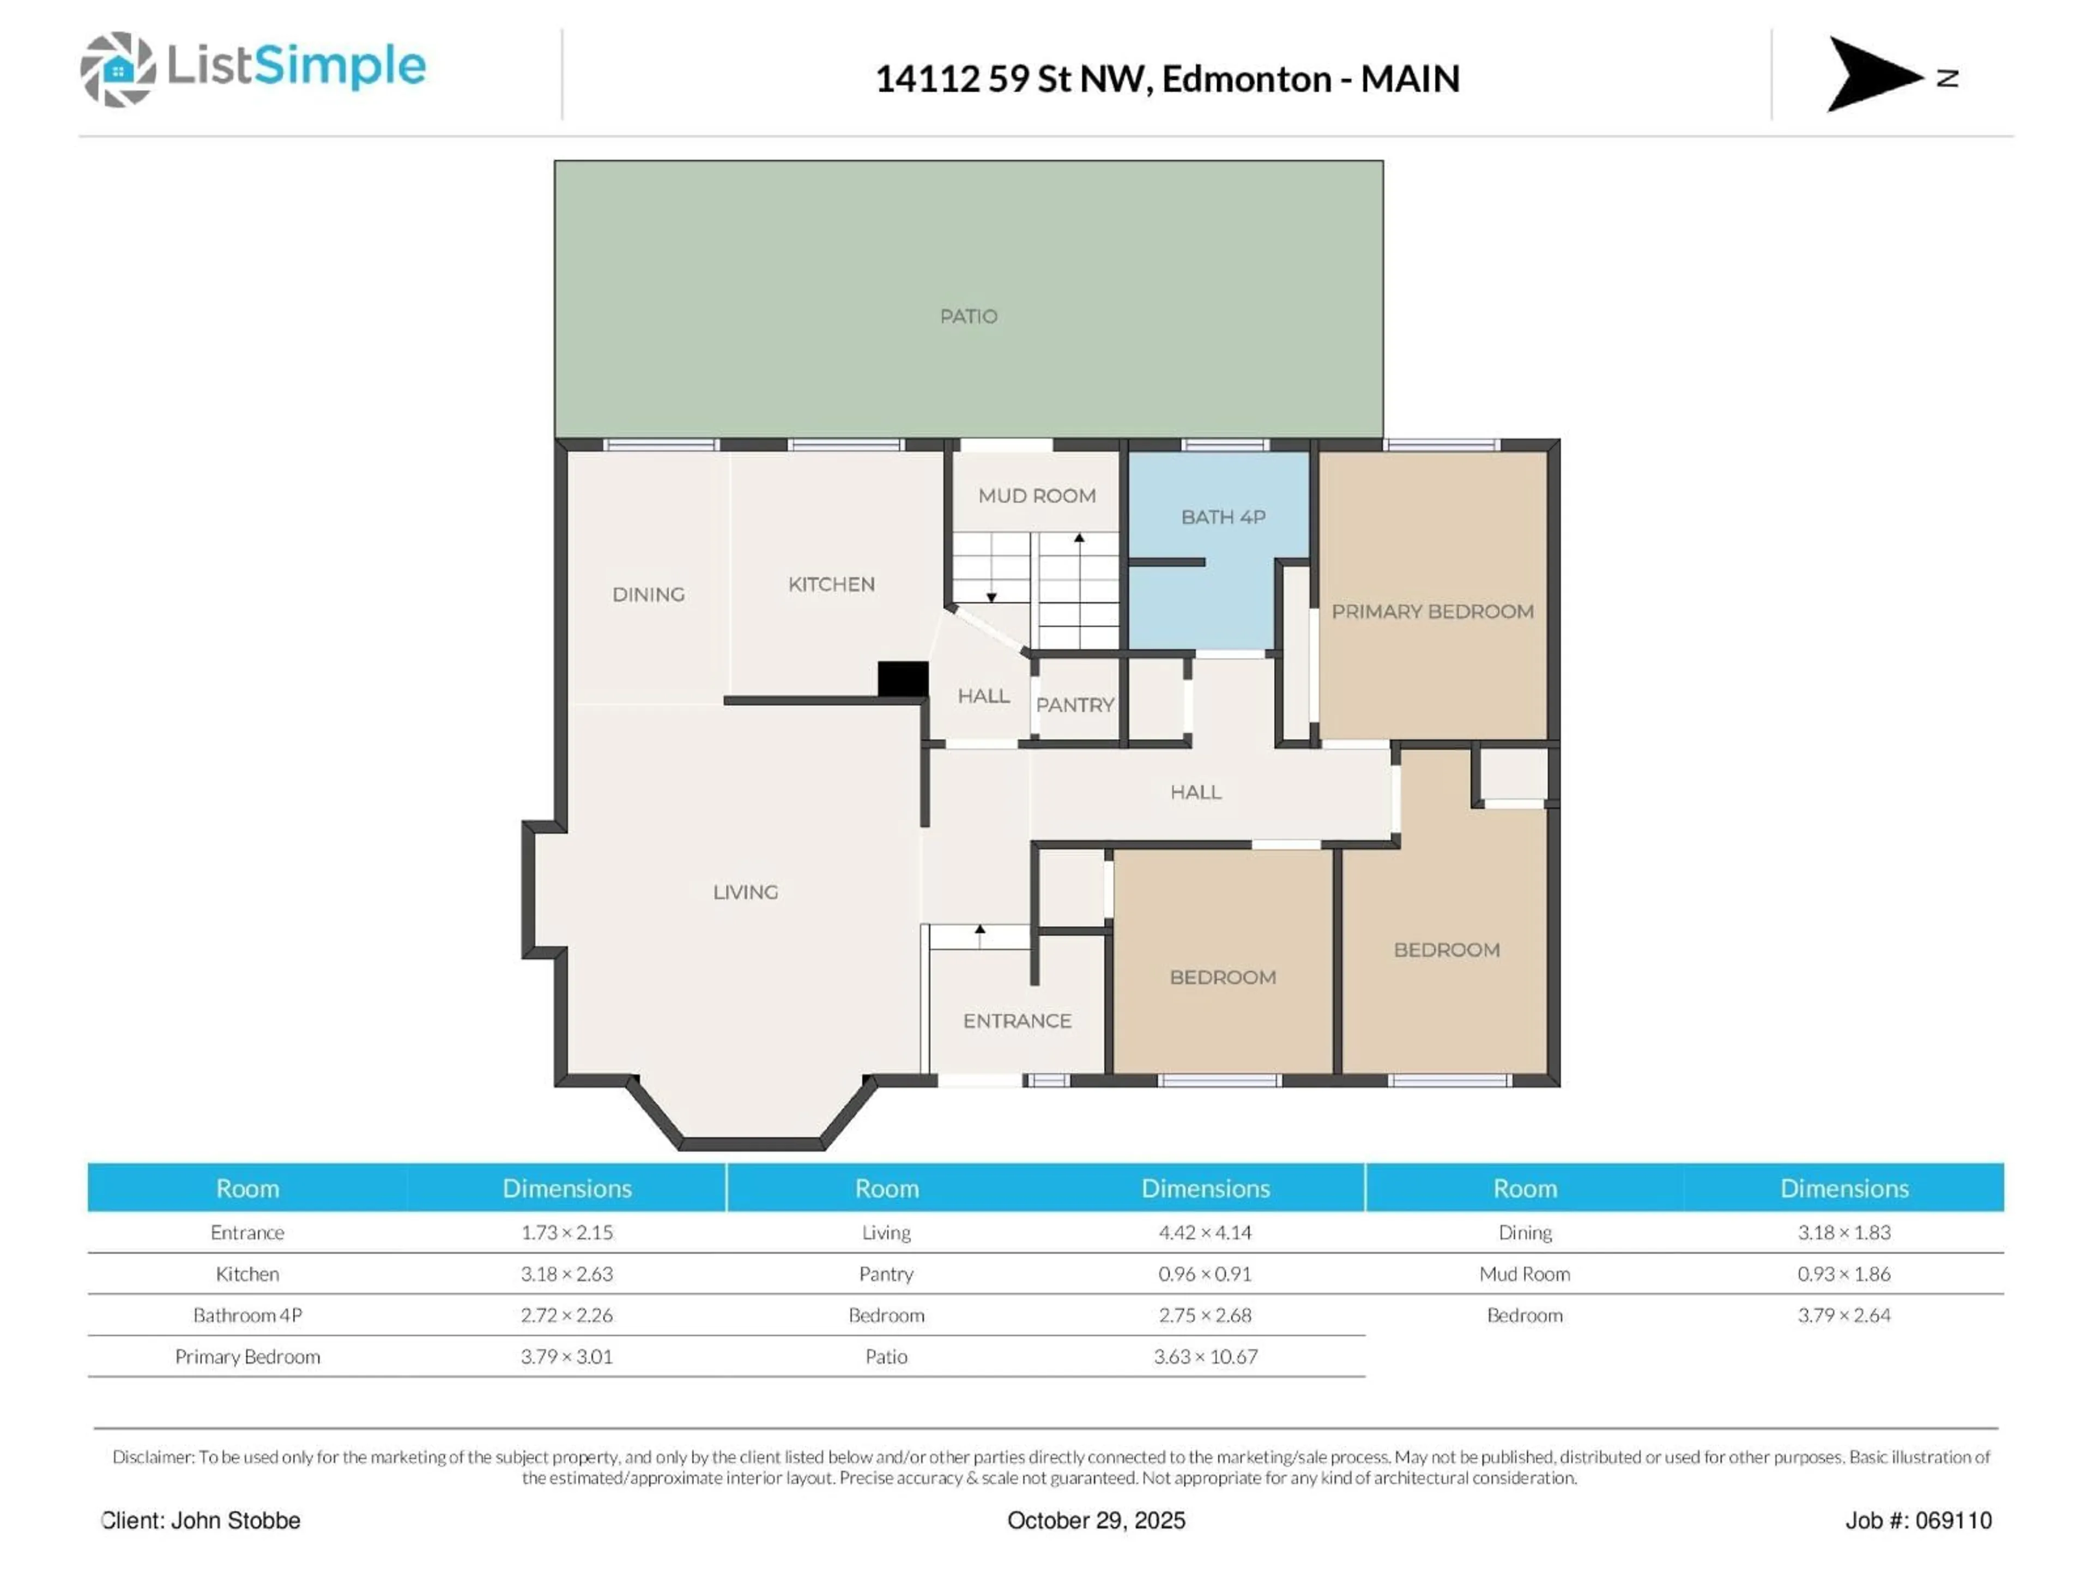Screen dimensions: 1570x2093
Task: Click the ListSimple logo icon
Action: (117, 69)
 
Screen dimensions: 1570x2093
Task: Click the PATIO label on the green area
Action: (968, 316)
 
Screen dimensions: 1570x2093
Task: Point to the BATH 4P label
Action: (1223, 517)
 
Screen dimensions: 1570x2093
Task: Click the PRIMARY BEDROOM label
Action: (1432, 611)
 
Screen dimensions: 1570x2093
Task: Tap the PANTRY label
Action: (1075, 705)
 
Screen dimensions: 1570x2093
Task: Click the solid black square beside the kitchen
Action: (902, 679)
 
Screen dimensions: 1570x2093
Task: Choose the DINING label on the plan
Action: (648, 594)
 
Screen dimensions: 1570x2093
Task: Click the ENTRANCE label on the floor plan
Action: (1017, 1020)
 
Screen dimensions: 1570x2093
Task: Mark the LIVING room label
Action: (746, 891)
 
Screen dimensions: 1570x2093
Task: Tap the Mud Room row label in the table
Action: (1525, 1274)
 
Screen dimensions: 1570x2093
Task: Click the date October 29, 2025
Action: (1096, 1520)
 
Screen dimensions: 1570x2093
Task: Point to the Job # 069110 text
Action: (1918, 1520)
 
